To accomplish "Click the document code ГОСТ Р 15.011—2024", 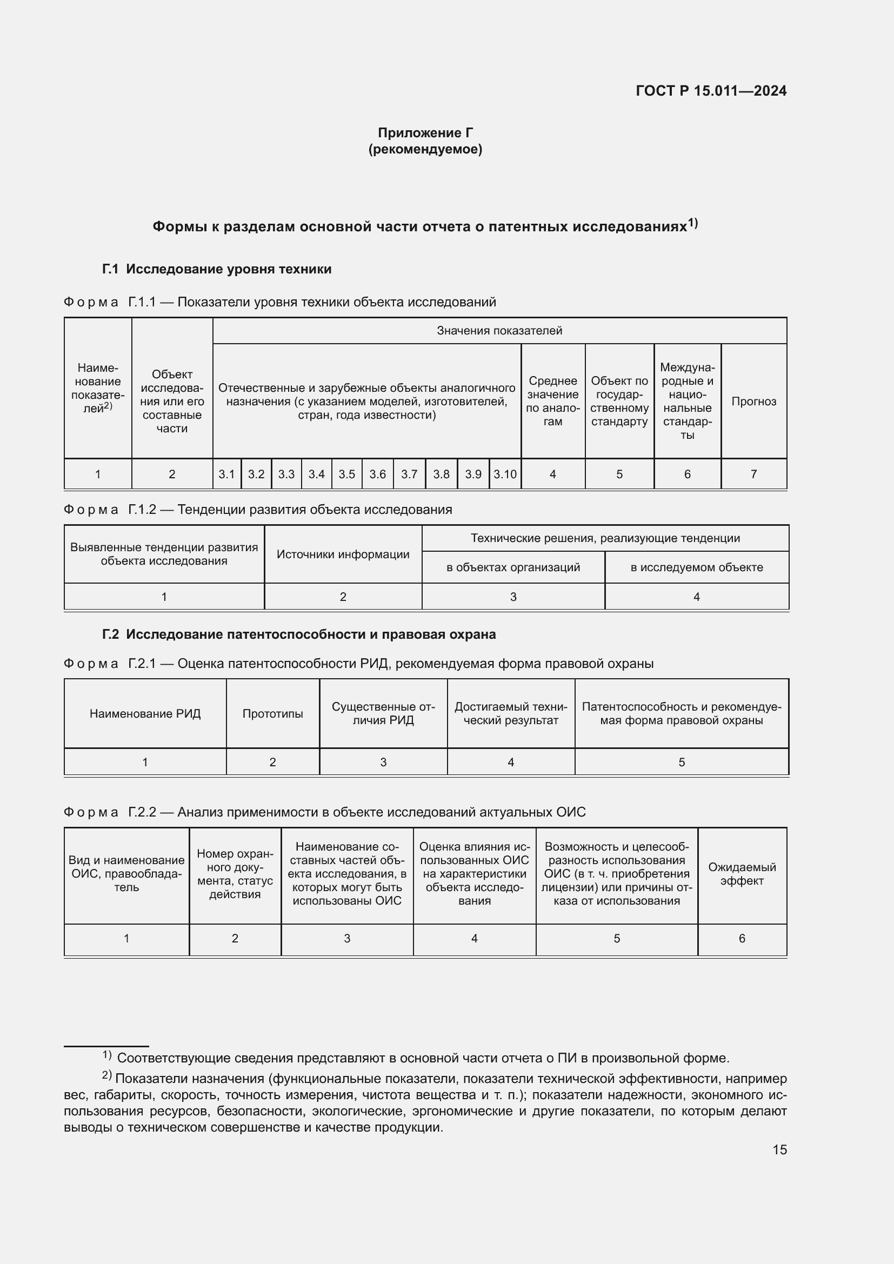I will click(x=711, y=91).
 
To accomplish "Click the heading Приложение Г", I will click(x=425, y=133).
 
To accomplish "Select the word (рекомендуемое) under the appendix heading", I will click(x=425, y=149).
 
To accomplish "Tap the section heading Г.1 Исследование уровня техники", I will click(x=217, y=269).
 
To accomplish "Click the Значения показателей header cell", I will click(x=499, y=330).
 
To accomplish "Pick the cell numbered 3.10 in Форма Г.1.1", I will click(x=505, y=474).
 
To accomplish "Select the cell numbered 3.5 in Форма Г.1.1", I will click(x=347, y=474).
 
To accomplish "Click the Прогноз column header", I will click(x=753, y=402).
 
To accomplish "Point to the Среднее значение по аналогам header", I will click(x=553, y=402).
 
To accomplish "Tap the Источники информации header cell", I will click(x=343, y=554).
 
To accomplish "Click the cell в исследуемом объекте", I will click(x=696, y=567).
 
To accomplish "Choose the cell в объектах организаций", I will click(x=513, y=567).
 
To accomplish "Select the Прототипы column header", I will click(x=272, y=714).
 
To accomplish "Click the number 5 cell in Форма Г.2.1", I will click(x=682, y=763).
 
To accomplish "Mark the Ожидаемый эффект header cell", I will click(x=742, y=874).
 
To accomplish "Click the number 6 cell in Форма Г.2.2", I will click(x=742, y=939).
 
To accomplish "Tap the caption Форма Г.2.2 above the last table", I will click(x=325, y=812).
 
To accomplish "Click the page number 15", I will click(x=779, y=1149).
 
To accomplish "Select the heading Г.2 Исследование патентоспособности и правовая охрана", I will click(x=299, y=634).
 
